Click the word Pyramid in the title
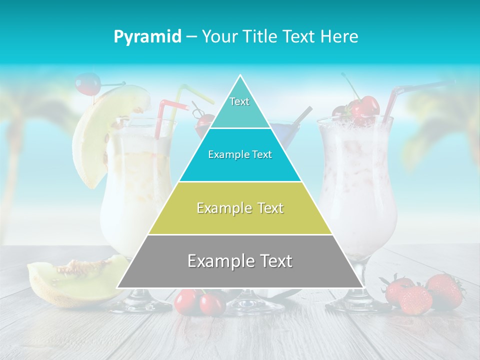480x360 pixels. [x=147, y=37]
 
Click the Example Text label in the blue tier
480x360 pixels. [x=240, y=154]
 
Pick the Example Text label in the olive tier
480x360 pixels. [x=240, y=208]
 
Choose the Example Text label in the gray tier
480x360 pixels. [x=240, y=261]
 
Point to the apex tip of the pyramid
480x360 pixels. [x=240, y=76]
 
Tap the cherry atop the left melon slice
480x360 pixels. [x=87, y=83]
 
